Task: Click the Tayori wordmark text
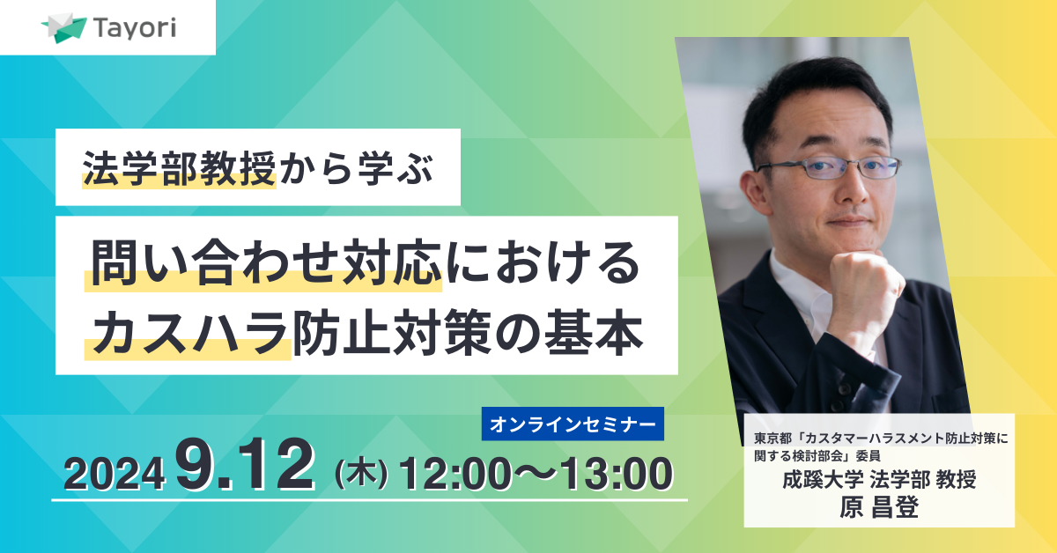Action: pyautogui.click(x=135, y=28)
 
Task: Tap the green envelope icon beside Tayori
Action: pyautogui.click(x=64, y=28)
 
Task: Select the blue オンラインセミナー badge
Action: pyautogui.click(x=573, y=424)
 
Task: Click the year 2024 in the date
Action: pyautogui.click(x=115, y=475)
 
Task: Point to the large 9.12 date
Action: pyautogui.click(x=245, y=464)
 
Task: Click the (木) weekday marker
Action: pyautogui.click(x=361, y=474)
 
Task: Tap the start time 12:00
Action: pyautogui.click(x=456, y=474)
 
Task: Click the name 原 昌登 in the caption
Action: pyautogui.click(x=879, y=508)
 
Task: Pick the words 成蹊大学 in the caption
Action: pyautogui.click(x=823, y=479)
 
